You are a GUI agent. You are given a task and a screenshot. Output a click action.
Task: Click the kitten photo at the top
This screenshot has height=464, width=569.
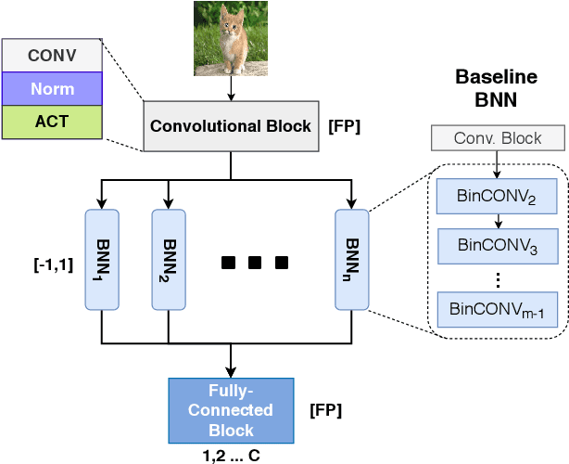[230, 38]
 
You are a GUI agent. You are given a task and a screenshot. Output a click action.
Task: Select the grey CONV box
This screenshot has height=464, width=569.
[52, 56]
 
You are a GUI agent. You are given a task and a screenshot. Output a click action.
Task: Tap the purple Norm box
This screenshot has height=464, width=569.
[52, 89]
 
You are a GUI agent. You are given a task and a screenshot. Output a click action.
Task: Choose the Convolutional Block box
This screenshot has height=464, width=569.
[231, 126]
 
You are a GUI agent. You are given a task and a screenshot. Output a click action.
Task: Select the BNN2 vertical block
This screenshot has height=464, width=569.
[168, 259]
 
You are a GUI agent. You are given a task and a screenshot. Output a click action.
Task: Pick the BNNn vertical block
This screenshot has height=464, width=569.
[352, 259]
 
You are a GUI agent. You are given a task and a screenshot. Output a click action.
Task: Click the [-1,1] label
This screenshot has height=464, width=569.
[53, 265]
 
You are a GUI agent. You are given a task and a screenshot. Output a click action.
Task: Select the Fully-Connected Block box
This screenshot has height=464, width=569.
[231, 409]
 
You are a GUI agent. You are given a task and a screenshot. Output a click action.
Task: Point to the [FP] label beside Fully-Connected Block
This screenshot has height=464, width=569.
[325, 409]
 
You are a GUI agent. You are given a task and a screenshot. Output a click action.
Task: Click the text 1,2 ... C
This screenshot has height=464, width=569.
[231, 455]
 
